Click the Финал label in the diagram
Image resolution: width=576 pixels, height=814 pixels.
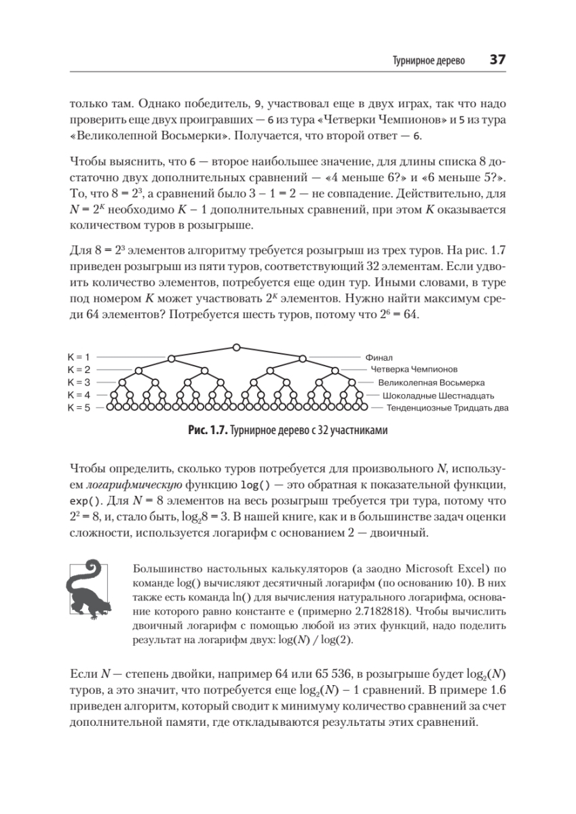click(379, 357)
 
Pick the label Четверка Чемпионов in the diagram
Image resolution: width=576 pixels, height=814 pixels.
click(414, 370)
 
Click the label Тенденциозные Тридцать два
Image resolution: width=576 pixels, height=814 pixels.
click(447, 408)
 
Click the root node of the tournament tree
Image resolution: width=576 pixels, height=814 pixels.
click(236, 347)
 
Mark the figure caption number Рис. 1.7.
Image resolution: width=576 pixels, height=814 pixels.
click(207, 431)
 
